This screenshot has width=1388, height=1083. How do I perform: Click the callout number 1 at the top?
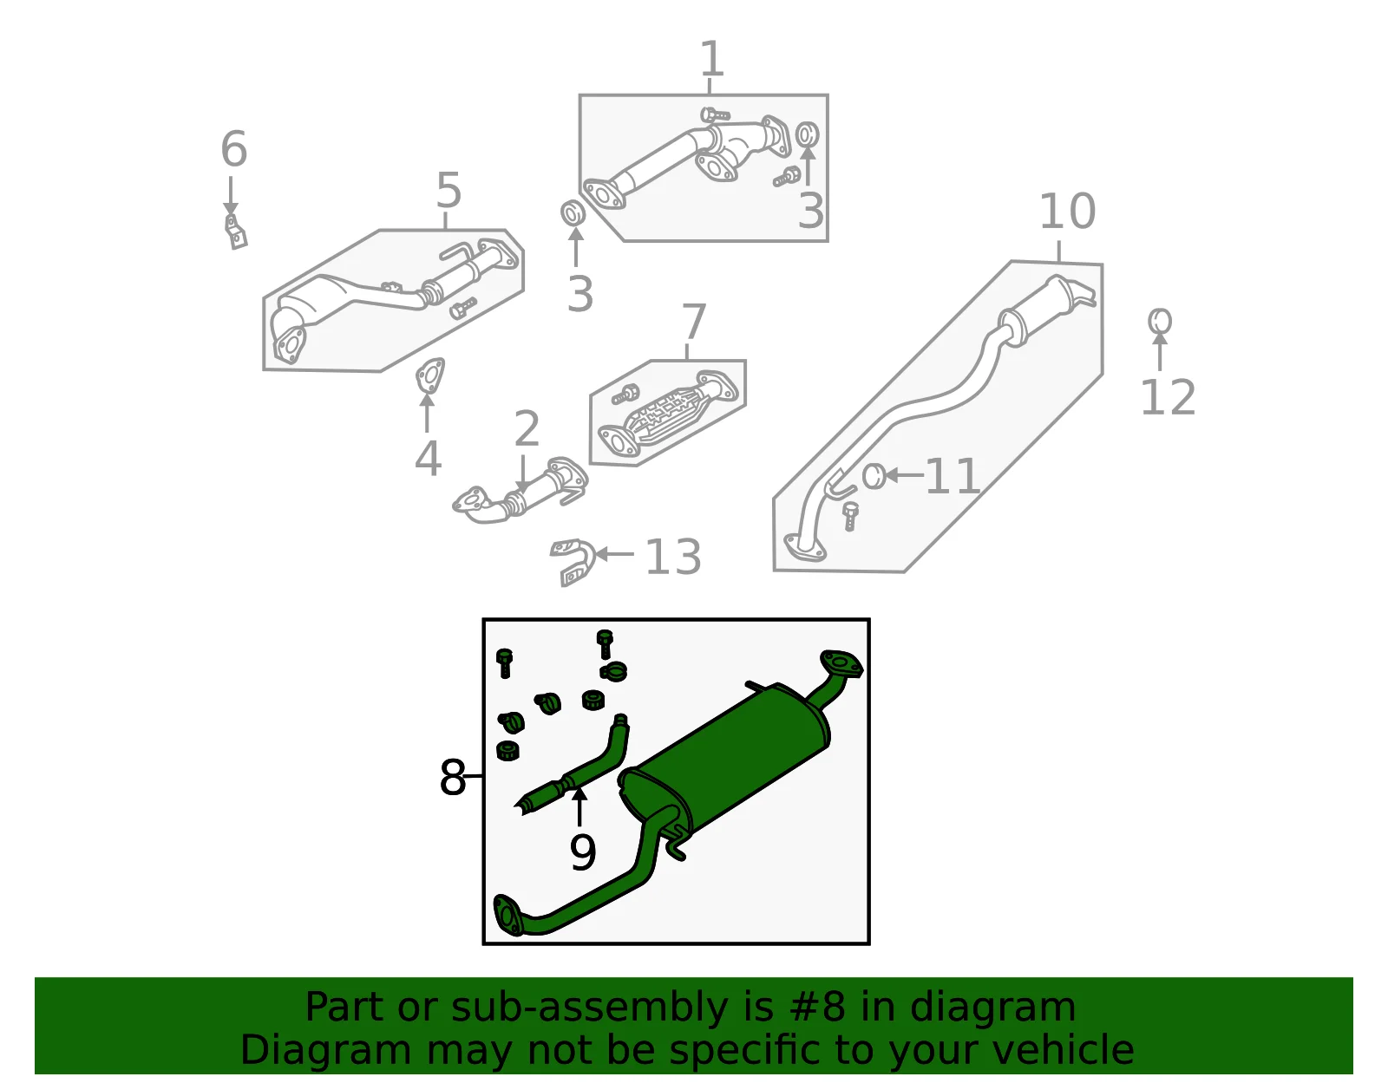click(712, 58)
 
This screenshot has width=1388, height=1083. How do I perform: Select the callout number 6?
click(233, 148)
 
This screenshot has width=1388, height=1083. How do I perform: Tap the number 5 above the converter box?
click(448, 190)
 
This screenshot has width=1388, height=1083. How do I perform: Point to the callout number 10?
click(1067, 212)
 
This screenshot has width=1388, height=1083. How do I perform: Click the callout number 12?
click(1168, 397)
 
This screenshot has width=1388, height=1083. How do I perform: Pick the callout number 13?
click(673, 557)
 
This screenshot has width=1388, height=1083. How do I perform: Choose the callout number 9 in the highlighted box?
click(583, 852)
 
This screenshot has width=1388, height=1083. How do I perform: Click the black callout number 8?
click(452, 777)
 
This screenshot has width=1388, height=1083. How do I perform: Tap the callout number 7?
click(694, 323)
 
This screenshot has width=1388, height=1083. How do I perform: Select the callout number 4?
click(428, 458)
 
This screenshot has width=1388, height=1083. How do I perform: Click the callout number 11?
click(953, 476)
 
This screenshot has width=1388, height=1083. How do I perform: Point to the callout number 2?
click(527, 428)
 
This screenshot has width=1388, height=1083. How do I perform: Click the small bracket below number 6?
click(236, 232)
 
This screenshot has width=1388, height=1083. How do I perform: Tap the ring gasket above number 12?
click(1160, 321)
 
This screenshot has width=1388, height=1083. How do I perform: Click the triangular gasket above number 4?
click(430, 375)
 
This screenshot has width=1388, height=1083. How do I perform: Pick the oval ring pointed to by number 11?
click(874, 476)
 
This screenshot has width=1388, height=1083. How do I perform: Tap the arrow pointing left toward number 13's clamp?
click(614, 554)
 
